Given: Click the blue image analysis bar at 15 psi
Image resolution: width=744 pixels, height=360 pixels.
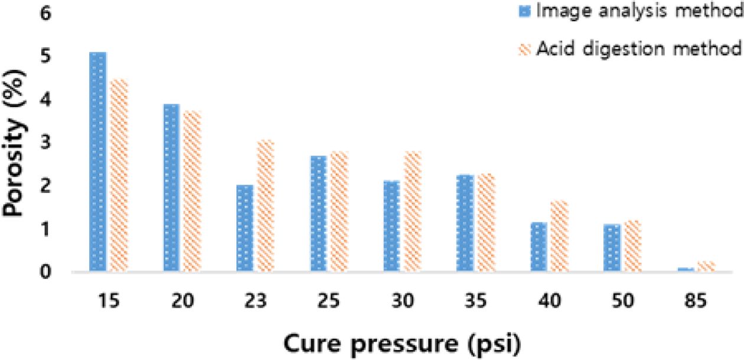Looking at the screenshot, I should pos(97,162).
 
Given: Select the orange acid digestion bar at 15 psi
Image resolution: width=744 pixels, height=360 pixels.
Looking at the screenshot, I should pos(119,175).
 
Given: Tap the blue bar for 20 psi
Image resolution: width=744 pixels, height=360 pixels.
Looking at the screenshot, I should pos(171,188).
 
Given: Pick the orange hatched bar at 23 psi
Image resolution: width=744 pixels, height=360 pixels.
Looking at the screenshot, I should pos(266,206).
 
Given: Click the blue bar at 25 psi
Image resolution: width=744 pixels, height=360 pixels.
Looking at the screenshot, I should pos(318,214).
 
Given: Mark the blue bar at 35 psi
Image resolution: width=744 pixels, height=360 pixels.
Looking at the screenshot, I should pos(465,223).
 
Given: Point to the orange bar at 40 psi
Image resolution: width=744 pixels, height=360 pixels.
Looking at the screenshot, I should pos(560,237).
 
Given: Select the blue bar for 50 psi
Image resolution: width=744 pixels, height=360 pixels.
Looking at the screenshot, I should pos(613,248).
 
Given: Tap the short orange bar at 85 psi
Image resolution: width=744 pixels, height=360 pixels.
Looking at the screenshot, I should pos(707,267).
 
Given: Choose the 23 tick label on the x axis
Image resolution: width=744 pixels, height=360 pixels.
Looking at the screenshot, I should pos(255,300).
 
